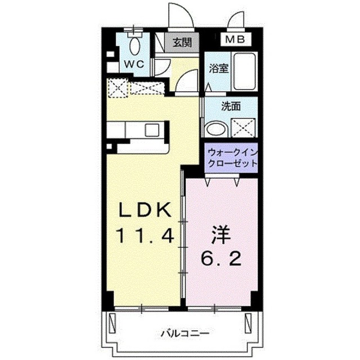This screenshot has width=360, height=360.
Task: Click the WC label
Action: (134, 64)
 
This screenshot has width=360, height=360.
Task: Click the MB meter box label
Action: (235, 39)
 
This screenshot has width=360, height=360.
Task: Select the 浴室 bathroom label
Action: (218, 69)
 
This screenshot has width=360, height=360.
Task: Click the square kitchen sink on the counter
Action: (152, 130)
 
